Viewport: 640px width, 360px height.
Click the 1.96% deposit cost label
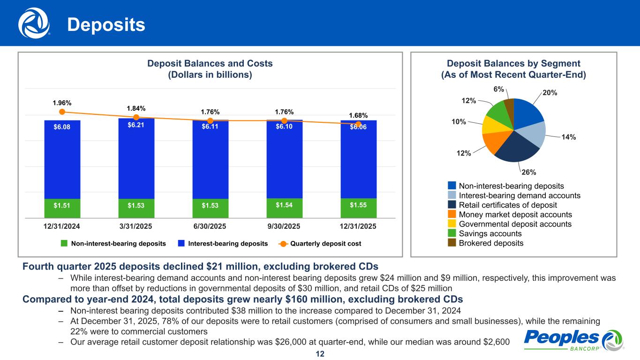click(62, 103)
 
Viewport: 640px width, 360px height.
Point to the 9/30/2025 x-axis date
click(284, 226)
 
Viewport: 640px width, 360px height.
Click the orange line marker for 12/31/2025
click(358, 124)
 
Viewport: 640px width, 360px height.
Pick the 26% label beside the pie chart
click(528, 172)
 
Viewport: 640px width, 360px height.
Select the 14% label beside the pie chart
click(569, 137)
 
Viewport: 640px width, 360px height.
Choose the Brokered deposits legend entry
click(490, 243)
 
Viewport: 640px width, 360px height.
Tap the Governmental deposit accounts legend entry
click(515, 224)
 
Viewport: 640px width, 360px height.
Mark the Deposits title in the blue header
click(106, 25)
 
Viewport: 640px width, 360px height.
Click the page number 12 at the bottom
click(320, 354)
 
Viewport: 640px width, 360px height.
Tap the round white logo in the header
click(34, 23)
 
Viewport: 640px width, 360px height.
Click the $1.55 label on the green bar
click(358, 204)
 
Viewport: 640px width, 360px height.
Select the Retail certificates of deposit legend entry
click(508, 205)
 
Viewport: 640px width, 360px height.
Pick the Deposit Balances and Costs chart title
click(210, 69)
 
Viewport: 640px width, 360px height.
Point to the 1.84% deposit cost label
click(136, 108)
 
